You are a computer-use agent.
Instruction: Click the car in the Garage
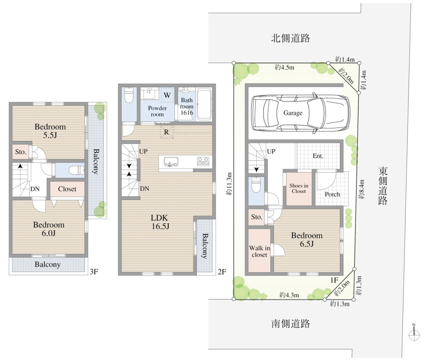click(301, 113)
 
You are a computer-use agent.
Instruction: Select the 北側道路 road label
click(290, 38)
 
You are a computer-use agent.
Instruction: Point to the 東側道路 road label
click(383, 186)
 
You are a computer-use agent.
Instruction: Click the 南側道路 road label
click(290, 323)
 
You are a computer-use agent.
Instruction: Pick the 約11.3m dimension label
click(229, 184)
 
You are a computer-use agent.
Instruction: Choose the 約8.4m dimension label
click(361, 190)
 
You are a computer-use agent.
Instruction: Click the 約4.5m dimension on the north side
click(284, 67)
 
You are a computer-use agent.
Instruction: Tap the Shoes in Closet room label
click(299, 188)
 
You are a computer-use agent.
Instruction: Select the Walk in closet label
click(260, 251)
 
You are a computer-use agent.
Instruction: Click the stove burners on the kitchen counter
click(203, 161)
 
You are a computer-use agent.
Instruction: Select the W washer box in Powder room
click(167, 95)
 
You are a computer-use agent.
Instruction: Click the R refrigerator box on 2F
click(166, 132)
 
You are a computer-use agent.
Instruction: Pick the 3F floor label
click(94, 271)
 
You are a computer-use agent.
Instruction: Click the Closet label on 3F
click(67, 189)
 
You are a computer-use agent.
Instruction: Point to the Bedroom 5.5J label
click(50, 131)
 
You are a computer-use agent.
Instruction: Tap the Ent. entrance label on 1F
click(318, 156)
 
